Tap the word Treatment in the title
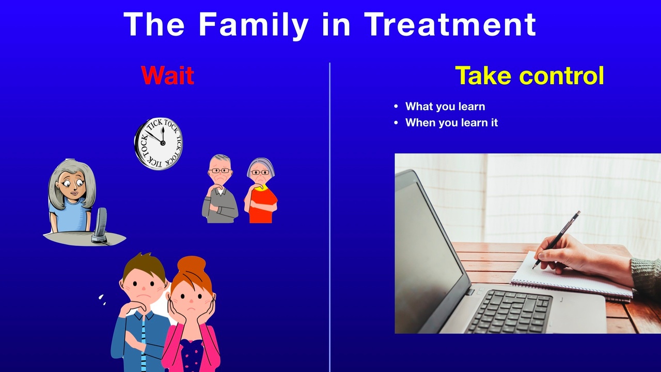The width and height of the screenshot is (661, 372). [450, 24]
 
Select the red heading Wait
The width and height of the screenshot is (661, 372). [168, 75]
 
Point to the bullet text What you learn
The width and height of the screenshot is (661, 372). [445, 106]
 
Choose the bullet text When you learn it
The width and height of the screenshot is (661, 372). [451, 122]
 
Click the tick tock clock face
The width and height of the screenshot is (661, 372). [159, 144]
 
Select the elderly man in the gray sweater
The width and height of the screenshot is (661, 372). [220, 189]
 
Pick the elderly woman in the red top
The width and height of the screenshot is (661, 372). [261, 191]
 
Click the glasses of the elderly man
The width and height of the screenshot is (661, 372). [220, 171]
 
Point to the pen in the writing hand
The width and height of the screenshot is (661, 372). [557, 239]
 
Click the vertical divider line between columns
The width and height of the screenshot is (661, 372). [329, 217]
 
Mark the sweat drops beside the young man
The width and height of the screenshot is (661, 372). [102, 300]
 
